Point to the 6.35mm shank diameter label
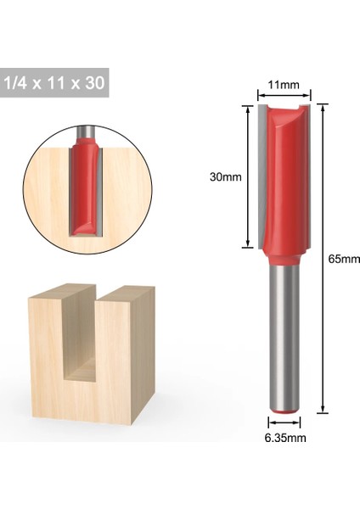pos(285,438)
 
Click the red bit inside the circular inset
pos(86,187)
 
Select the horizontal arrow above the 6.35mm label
pos(284,422)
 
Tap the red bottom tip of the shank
pos(284,412)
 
